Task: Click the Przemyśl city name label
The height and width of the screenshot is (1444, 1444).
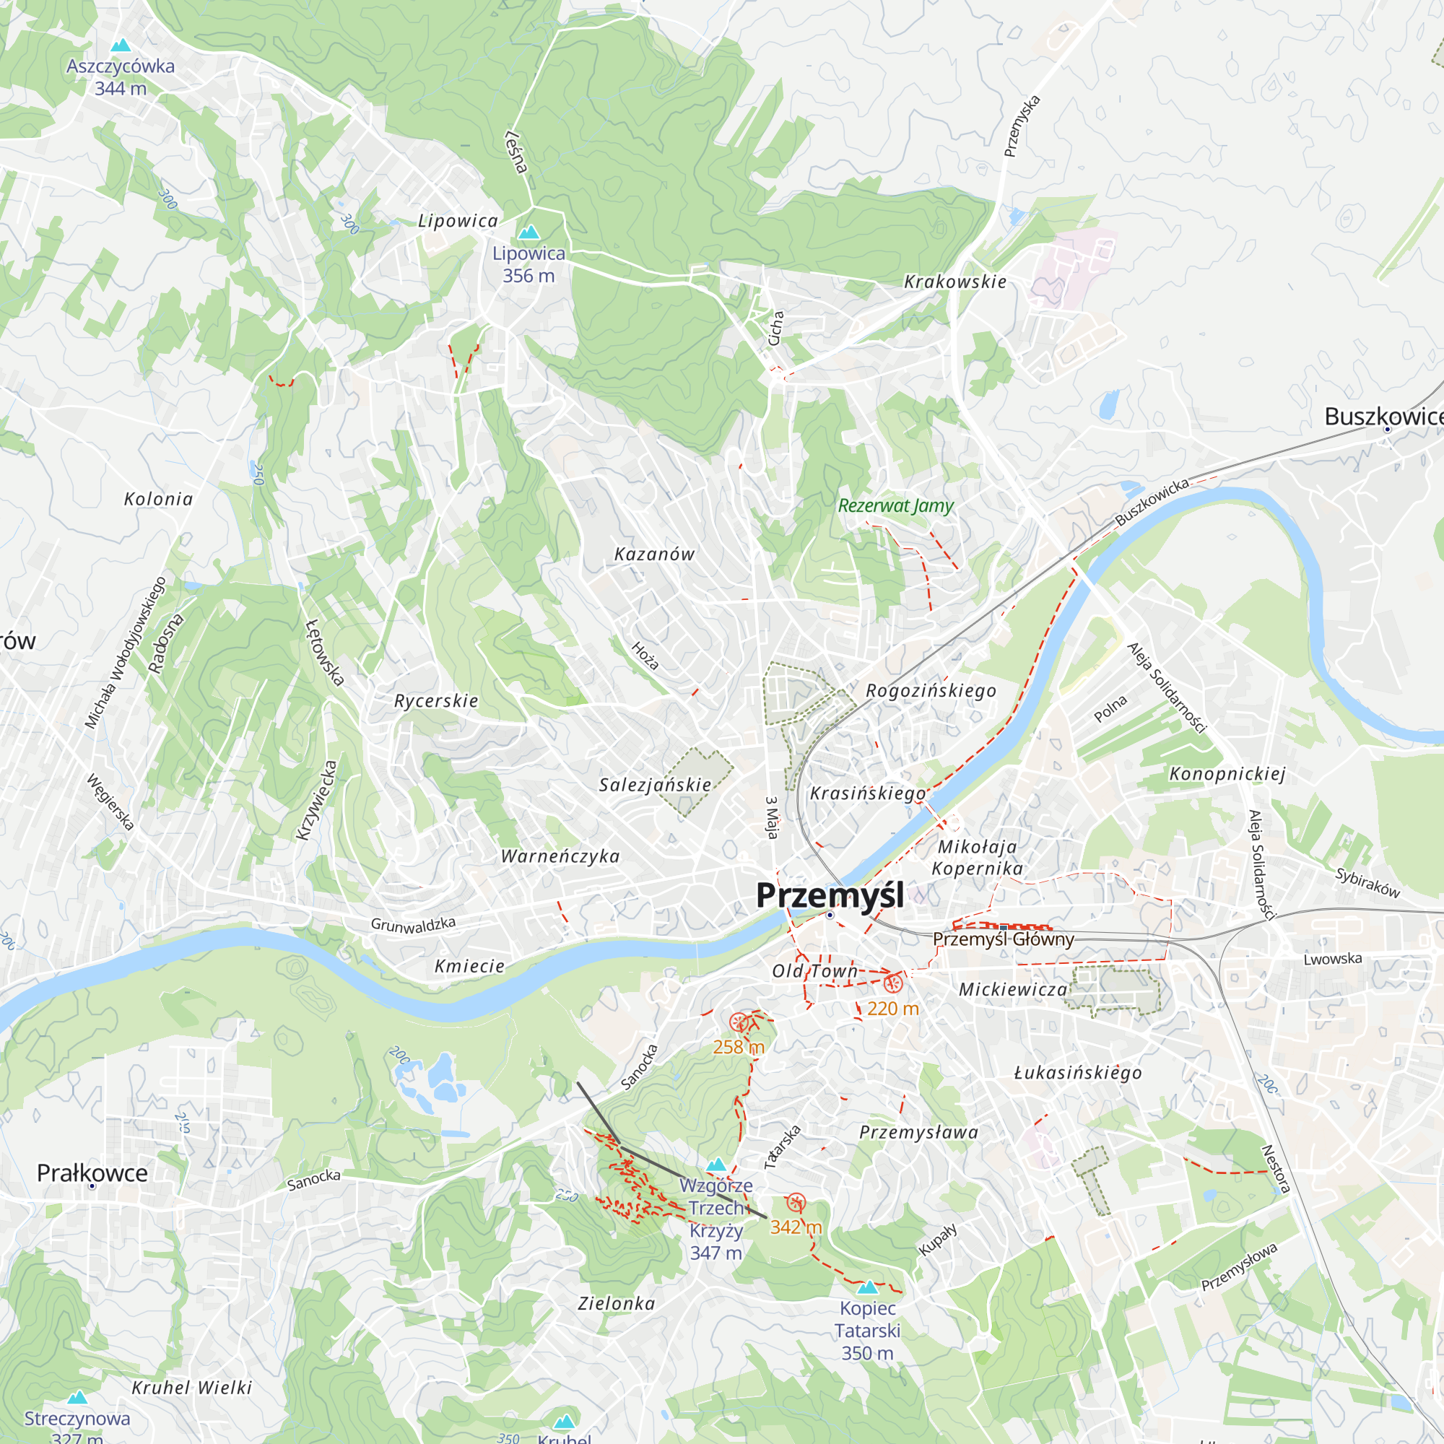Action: pos(829,895)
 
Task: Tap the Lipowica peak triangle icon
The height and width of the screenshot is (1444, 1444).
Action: pos(529,232)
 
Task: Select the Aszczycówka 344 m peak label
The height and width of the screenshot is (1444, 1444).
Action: pos(121,77)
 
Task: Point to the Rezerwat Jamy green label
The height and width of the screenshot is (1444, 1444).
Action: pos(895,506)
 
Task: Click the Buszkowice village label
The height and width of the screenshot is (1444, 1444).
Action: pos(1383,417)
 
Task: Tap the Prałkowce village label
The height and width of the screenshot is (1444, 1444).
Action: pos(92,1173)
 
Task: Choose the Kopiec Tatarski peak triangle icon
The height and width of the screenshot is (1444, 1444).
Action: pos(867,1287)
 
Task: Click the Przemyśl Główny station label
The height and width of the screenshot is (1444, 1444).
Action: pos(1003,939)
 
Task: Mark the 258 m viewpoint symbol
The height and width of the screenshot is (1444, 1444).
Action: pos(739,1022)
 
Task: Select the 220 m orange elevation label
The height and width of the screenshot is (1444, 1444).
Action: pos(892,1008)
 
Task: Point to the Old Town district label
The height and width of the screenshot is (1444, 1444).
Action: pos(814,971)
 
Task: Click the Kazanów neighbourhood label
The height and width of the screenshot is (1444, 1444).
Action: pos(654,554)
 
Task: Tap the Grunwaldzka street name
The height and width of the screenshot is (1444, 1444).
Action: pos(413,925)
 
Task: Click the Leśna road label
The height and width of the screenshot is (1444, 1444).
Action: pos(516,152)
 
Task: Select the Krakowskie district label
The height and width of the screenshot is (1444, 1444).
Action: pos(955,282)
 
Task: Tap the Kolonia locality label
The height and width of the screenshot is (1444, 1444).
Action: pos(158,498)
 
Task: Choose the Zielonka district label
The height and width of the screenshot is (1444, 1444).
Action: pos(617,1303)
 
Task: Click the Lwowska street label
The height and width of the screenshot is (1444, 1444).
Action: pos(1333,959)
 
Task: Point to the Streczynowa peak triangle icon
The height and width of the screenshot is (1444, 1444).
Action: pos(77,1398)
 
